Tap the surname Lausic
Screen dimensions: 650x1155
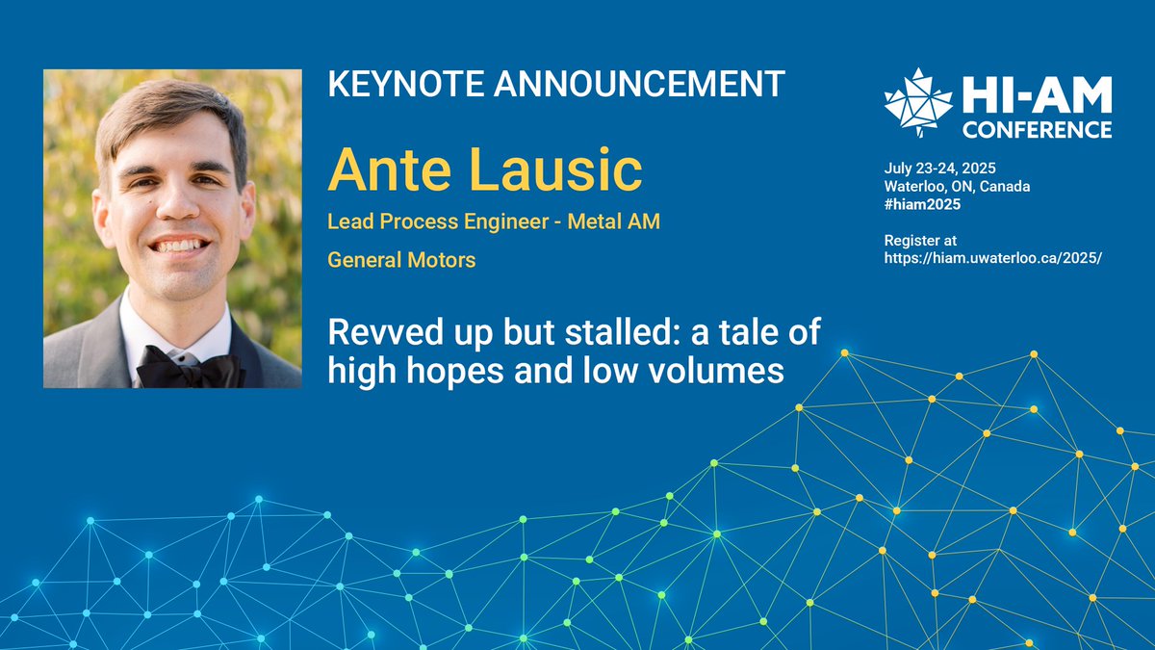(x=556, y=170)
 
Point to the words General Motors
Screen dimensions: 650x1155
(x=401, y=260)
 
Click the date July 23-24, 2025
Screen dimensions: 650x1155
(x=939, y=169)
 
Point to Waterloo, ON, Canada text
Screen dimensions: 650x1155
(x=957, y=186)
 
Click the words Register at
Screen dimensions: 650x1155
(x=920, y=240)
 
